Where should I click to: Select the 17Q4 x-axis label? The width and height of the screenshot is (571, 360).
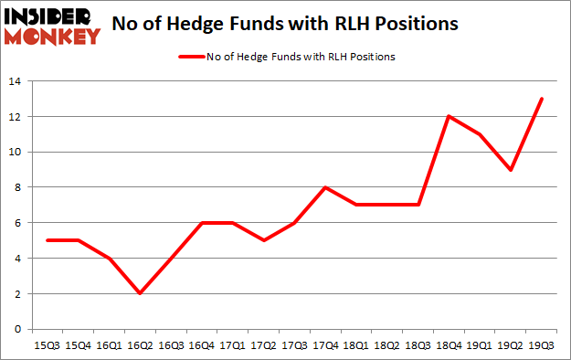tap(324, 344)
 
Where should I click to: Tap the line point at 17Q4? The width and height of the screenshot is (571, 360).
tap(324, 187)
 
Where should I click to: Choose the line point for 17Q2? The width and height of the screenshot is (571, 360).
tap(264, 240)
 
